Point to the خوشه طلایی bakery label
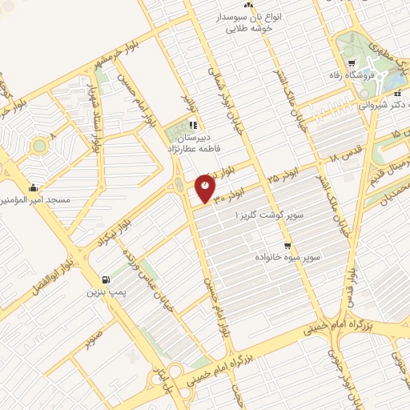pyautogui.click(x=250, y=27)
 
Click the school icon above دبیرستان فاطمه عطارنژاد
pyautogui.click(x=192, y=125)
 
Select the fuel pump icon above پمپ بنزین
pyautogui.click(x=105, y=280)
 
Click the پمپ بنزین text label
pyautogui.click(x=105, y=292)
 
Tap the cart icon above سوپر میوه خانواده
pyautogui.click(x=287, y=246)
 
